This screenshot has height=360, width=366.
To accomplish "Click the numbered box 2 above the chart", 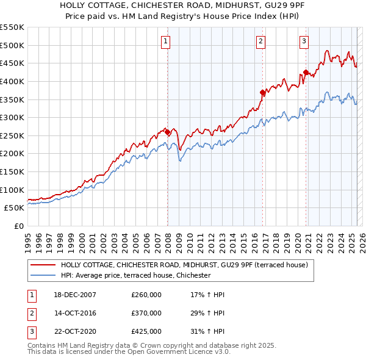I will (x=260, y=41).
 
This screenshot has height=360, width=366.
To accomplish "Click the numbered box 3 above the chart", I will (x=304, y=41).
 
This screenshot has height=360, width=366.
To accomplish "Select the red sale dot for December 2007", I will (x=167, y=132).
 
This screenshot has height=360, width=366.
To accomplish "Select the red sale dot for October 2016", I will (x=262, y=93).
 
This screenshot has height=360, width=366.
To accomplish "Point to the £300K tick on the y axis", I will (x=12, y=117).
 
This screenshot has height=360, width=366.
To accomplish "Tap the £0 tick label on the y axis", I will (x=20, y=226).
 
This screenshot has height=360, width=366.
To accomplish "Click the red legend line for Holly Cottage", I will (x=42, y=265).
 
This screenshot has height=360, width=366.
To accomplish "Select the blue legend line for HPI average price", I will (x=42, y=275).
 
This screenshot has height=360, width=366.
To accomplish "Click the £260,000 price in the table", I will (x=146, y=295).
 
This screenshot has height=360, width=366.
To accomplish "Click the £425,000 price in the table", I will (x=146, y=331).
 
